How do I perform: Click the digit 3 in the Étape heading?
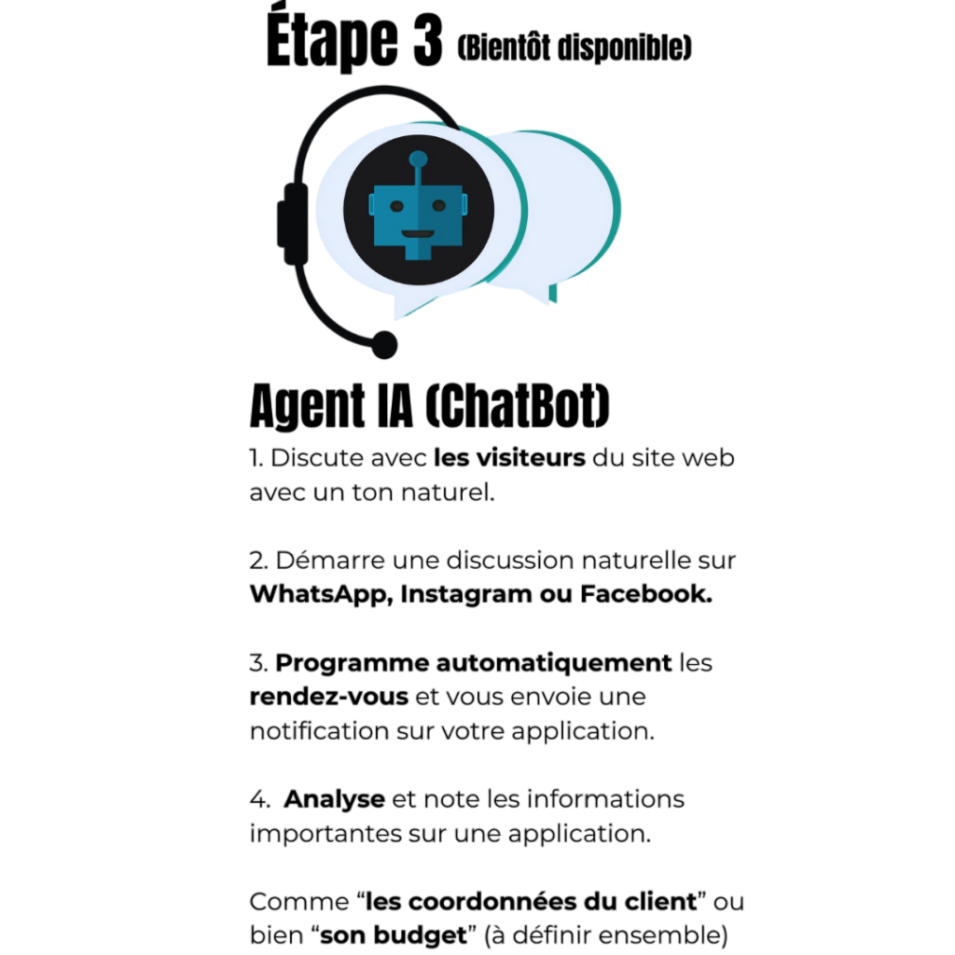[x=427, y=41]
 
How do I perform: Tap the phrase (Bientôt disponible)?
[x=574, y=48]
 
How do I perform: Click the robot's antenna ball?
[x=418, y=159]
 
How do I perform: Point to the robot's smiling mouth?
[x=418, y=234]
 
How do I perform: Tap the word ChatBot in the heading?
[x=517, y=406]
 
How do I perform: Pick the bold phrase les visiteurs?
[x=509, y=457]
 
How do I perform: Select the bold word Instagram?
[x=466, y=594]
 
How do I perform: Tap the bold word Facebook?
[x=645, y=594]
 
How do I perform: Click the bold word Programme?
[x=352, y=663]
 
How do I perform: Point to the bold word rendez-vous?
[x=329, y=697]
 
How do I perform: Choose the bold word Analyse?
[x=335, y=799]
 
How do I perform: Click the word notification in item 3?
[x=320, y=731]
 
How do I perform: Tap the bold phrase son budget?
[x=394, y=935]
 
